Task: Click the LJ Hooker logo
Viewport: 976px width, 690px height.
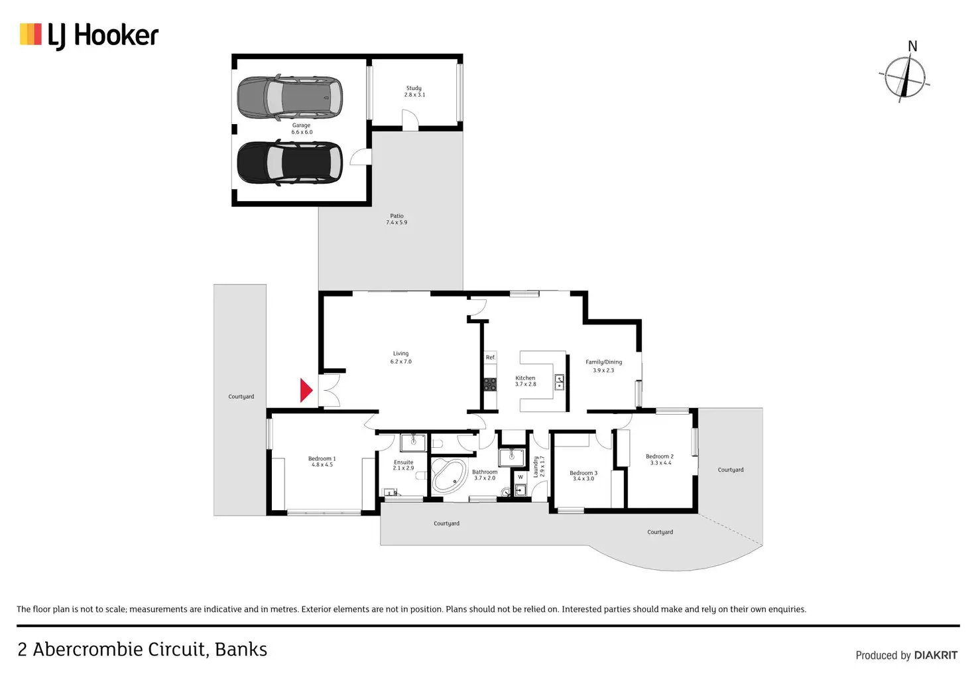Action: click(x=89, y=35)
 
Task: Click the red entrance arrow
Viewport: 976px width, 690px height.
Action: click(x=305, y=390)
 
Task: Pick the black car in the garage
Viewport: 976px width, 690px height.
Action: click(x=290, y=163)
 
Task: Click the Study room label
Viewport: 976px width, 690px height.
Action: click(x=414, y=91)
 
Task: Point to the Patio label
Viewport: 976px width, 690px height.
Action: click(x=396, y=219)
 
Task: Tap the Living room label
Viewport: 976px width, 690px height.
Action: click(x=400, y=358)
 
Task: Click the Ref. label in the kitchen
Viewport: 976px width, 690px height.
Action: click(x=490, y=358)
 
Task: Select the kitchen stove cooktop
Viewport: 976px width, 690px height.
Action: click(x=490, y=384)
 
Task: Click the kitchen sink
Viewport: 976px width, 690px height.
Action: click(x=559, y=381)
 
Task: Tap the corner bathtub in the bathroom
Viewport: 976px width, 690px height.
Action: click(x=449, y=475)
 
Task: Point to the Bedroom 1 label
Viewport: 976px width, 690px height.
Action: click(x=322, y=461)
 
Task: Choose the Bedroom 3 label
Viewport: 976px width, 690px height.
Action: click(x=583, y=476)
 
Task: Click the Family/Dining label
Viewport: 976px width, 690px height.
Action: click(x=603, y=366)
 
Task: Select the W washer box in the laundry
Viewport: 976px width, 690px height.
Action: click(x=520, y=477)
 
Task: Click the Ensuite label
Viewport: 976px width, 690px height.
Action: click(x=403, y=465)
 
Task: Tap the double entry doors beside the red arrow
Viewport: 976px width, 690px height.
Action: click(x=330, y=390)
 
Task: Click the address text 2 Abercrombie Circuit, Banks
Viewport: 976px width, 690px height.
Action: click(x=142, y=650)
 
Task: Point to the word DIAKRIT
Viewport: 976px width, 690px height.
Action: click(x=936, y=655)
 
